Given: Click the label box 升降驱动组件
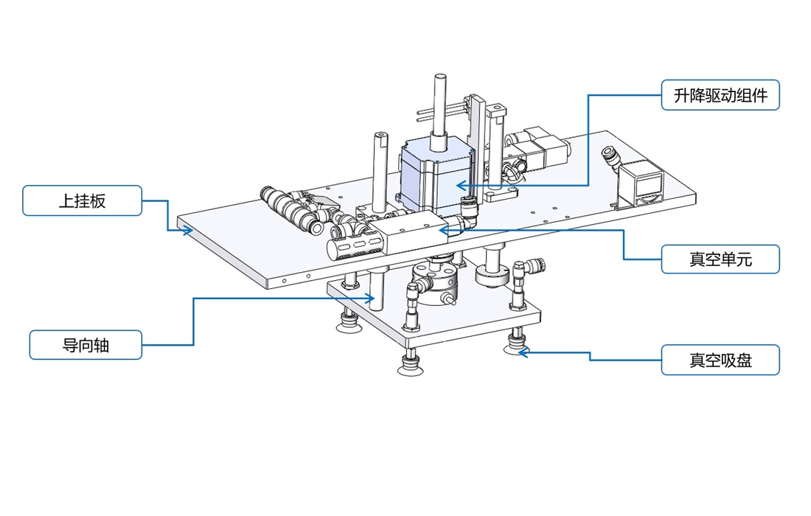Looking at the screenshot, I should (x=720, y=95).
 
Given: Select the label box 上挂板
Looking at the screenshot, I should (x=82, y=201).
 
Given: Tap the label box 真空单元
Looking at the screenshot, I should (x=720, y=259).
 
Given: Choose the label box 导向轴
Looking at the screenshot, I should (x=86, y=344).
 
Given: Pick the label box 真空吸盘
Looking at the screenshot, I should (x=720, y=360).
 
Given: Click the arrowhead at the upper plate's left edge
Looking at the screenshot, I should (x=189, y=230).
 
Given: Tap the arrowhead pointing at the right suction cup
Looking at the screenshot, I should (x=521, y=352).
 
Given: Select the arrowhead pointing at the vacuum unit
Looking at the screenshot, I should (x=443, y=230).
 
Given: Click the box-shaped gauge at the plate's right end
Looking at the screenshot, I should (x=639, y=185).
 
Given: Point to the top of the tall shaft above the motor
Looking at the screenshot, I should (x=440, y=77).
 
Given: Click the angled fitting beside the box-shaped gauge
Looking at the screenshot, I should (x=611, y=157).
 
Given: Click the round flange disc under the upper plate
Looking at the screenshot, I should (x=492, y=276).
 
